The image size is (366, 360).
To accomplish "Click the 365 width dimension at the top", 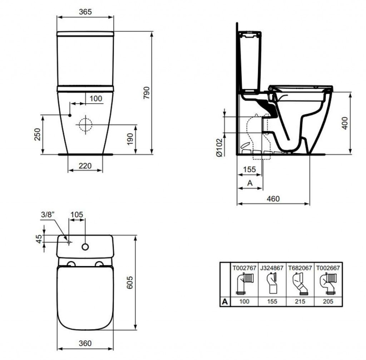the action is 85,12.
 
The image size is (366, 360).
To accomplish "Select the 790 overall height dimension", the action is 146,93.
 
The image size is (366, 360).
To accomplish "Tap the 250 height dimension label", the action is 37,134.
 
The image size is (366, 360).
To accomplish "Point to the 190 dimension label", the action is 130,139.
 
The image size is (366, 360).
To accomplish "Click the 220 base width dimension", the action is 85,166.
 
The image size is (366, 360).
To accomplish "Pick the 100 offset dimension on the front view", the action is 96,99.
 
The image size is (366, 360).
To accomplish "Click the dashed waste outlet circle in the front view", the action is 85,125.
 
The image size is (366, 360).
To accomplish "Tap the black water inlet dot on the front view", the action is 70,115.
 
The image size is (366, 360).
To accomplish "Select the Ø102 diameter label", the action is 219,148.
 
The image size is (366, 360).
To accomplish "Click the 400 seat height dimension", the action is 345,123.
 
